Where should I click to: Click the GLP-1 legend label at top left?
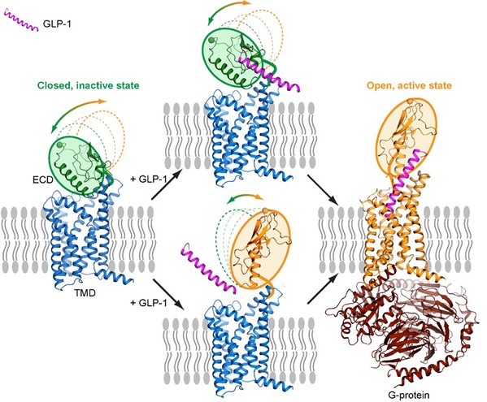(57, 24)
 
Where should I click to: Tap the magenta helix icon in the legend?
(21, 20)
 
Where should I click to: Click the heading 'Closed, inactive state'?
(88, 85)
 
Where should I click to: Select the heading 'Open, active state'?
(409, 85)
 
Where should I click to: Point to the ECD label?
(43, 179)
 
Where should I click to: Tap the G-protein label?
(408, 396)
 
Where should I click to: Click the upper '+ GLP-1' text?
(149, 179)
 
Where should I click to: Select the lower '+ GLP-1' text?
(149, 302)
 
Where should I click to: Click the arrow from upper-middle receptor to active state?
(323, 189)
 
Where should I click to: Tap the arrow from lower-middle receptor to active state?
(323, 287)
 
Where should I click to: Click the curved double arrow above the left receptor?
(78, 113)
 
